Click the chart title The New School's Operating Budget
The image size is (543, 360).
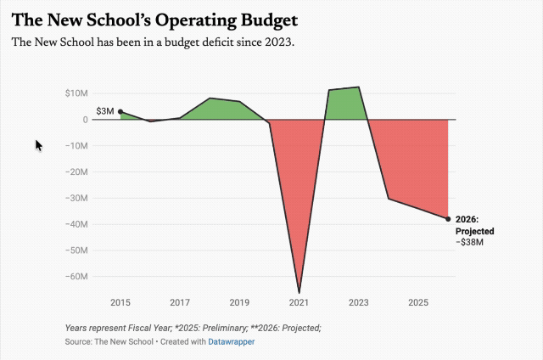154,20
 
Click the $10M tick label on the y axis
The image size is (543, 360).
76,93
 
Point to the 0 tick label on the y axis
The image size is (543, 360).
85,120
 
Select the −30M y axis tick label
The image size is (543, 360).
76,198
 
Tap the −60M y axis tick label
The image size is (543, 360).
76,277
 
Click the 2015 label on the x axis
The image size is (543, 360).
120,302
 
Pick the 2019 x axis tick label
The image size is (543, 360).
239,302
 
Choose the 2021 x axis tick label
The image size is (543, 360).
299,302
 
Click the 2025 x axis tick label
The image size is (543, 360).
418,302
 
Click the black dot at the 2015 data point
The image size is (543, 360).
120,111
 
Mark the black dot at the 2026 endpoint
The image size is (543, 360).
448,219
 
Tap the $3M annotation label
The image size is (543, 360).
105,111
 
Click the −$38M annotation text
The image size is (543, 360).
469,242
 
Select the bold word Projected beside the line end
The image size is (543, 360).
475,231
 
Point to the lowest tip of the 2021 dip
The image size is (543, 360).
299,293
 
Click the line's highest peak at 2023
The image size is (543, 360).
358,87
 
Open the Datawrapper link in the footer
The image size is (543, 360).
232,341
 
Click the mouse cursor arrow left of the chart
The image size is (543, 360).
38,145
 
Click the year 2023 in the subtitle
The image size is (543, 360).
278,42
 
